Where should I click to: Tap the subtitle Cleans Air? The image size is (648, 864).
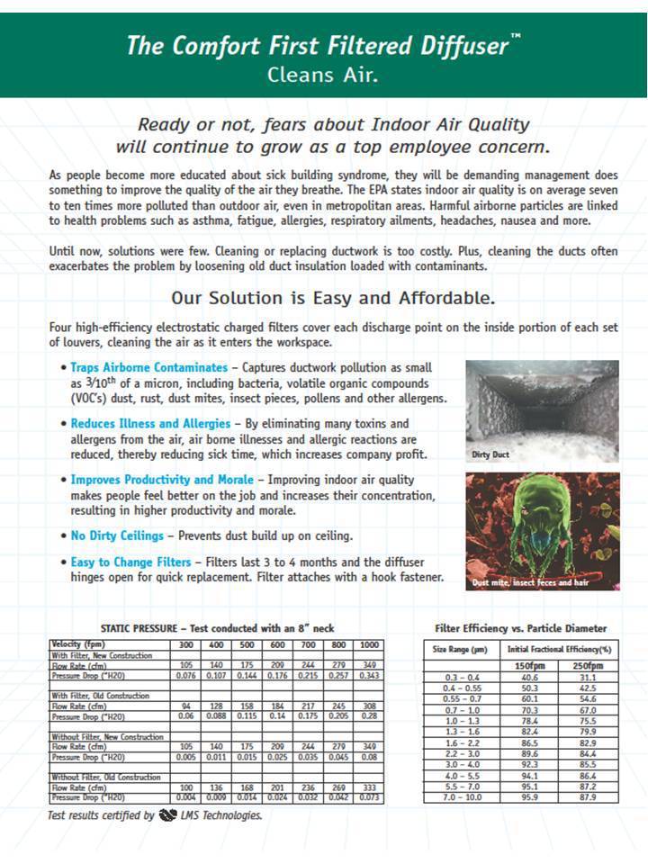pyautogui.click(x=323, y=75)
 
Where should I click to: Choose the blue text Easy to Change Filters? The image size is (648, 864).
pyautogui.click(x=131, y=562)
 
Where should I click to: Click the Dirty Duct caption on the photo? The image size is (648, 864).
pyautogui.click(x=491, y=454)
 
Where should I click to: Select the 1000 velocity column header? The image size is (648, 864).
pyautogui.click(x=368, y=644)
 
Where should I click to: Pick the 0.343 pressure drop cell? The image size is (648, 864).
pyautogui.click(x=368, y=674)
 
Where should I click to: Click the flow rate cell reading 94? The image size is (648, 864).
pyautogui.click(x=184, y=706)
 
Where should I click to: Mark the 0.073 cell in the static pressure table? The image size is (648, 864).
pyautogui.click(x=368, y=798)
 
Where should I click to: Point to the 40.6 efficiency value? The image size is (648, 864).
pyautogui.click(x=529, y=678)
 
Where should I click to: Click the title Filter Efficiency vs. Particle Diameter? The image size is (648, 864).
pyautogui.click(x=520, y=628)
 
